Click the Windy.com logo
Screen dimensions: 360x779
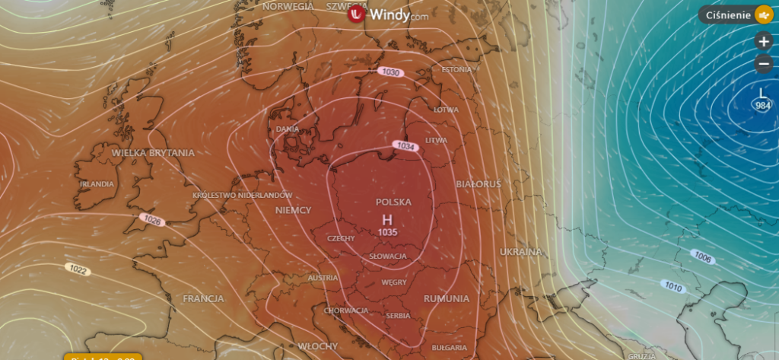389,14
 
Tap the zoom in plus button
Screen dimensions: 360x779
764,41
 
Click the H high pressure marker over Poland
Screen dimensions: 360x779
387,219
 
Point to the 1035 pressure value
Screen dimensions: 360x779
387,231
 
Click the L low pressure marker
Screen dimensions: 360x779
763,94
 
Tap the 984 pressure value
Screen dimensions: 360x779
763,105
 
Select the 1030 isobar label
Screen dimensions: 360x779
389,72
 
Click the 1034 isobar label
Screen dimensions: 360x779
405,145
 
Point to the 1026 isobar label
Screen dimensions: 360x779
152,220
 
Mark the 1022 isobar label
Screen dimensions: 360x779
77,269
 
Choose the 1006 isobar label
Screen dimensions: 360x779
703,259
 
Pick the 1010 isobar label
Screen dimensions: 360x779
672,286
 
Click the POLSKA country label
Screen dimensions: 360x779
393,202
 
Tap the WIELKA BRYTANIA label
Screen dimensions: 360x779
153,152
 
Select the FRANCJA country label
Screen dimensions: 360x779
203,297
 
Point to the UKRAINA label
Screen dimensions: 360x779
520,251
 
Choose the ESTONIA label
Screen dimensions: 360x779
456,69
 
